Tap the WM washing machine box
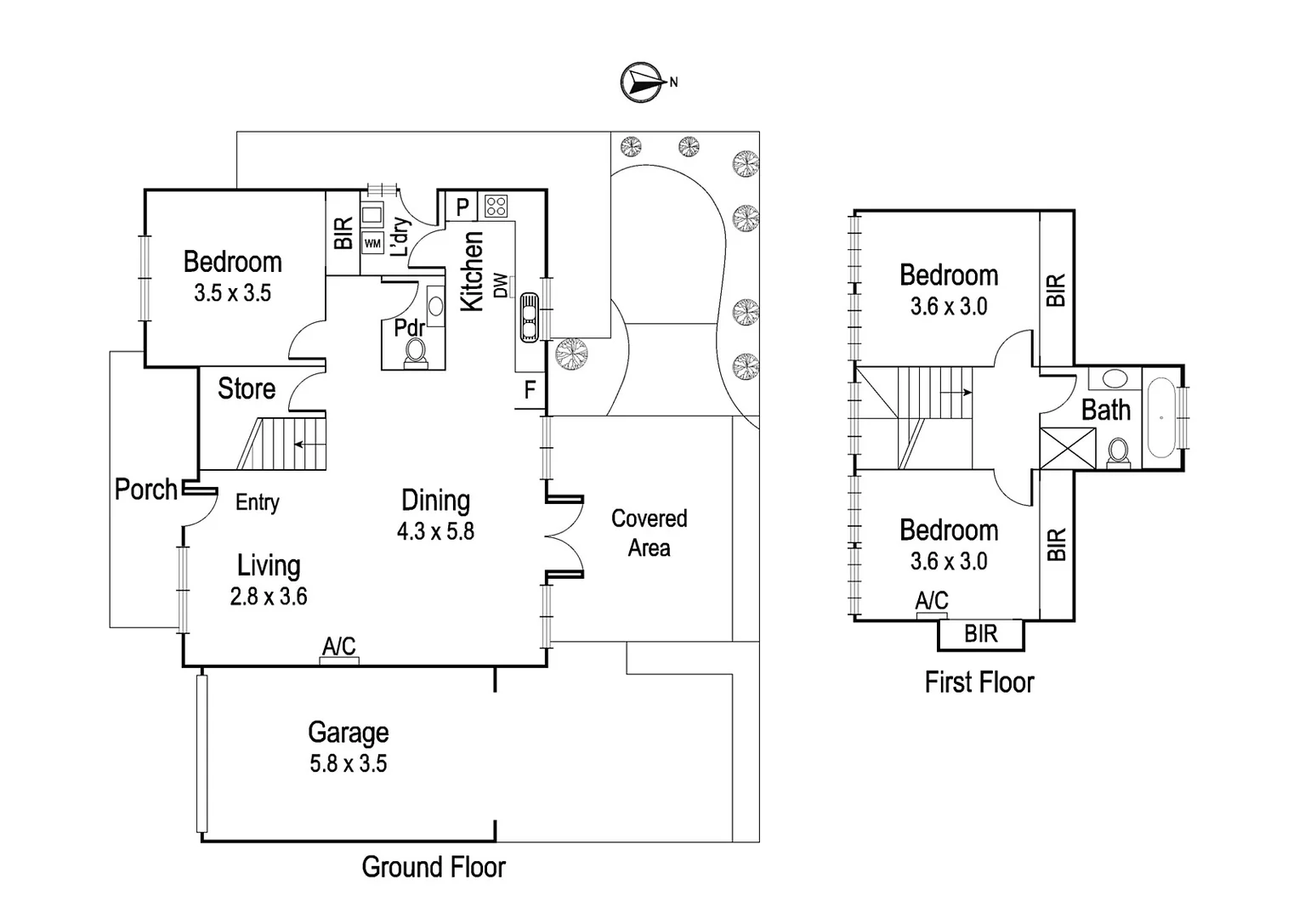[x=372, y=243]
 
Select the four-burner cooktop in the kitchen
[x=496, y=206]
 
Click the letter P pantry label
[x=462, y=207]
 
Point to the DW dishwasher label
[x=501, y=286]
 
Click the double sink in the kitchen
[x=529, y=317]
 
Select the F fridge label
[x=530, y=390]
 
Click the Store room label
[x=247, y=388]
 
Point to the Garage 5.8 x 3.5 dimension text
[x=348, y=764]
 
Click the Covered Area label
[x=649, y=533]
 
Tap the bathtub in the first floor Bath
[x=1161, y=417]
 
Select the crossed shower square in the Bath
[x=1068, y=448]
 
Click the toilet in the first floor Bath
[x=1118, y=453]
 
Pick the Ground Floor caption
[x=434, y=868]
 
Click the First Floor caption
[x=979, y=683]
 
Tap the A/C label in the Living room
[x=339, y=646]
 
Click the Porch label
[x=145, y=490]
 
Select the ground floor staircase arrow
[x=305, y=445]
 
